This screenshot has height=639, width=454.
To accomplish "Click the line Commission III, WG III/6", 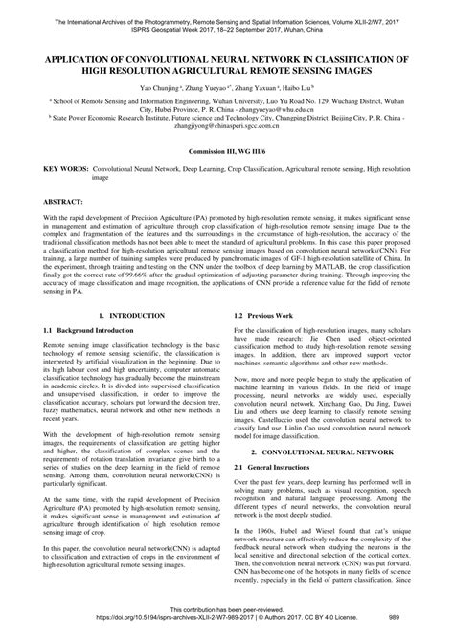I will pyautogui.click(x=226, y=151).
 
